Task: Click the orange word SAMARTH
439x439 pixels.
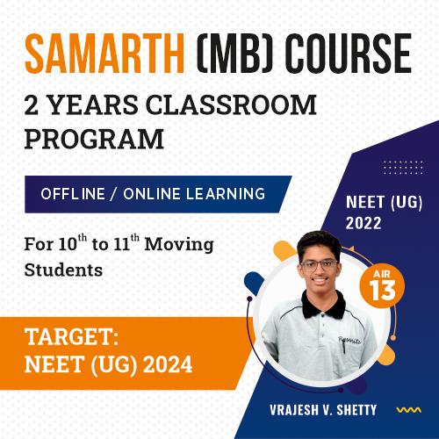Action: (x=104, y=53)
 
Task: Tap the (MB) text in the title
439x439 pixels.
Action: (x=234, y=53)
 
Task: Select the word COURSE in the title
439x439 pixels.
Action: (x=349, y=53)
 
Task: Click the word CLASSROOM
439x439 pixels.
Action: (x=231, y=104)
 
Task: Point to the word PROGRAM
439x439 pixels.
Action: (x=94, y=139)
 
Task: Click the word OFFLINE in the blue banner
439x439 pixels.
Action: (x=73, y=194)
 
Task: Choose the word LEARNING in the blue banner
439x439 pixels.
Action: (x=226, y=194)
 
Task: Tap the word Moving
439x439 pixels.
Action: (x=179, y=244)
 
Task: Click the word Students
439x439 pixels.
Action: (x=63, y=270)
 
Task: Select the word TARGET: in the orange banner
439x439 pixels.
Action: (x=72, y=337)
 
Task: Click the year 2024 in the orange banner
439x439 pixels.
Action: (x=168, y=364)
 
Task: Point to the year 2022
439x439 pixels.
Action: (x=363, y=223)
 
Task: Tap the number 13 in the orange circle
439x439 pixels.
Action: (x=382, y=290)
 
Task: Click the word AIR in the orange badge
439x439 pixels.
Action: (x=382, y=274)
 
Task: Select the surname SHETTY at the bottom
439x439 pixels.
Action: (x=356, y=410)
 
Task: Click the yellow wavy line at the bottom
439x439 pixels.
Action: (x=409, y=410)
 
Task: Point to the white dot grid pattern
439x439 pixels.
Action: (x=403, y=168)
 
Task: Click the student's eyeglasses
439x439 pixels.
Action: (x=319, y=265)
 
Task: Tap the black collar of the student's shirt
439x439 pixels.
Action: (x=324, y=305)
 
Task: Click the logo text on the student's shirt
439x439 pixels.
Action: (x=349, y=340)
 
